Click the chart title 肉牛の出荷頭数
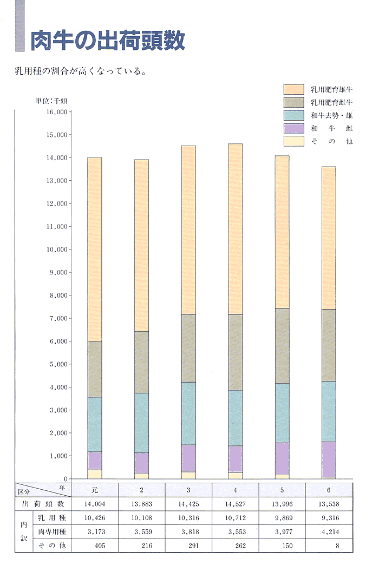[x=107, y=40]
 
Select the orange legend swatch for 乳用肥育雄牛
[x=293, y=89]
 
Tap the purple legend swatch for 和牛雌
[x=293, y=128]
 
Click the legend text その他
[x=331, y=141]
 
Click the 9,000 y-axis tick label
[x=58, y=273]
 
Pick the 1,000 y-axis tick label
[x=58, y=456]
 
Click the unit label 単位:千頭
[x=51, y=101]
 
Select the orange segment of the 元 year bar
[x=95, y=249]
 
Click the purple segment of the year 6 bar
[x=329, y=459]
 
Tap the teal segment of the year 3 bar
[x=188, y=413]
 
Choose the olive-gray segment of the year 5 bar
[x=282, y=346]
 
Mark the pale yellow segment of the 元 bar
[x=95, y=474]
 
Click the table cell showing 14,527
[x=235, y=504]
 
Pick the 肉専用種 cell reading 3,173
[x=95, y=532]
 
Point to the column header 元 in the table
[x=95, y=490]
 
